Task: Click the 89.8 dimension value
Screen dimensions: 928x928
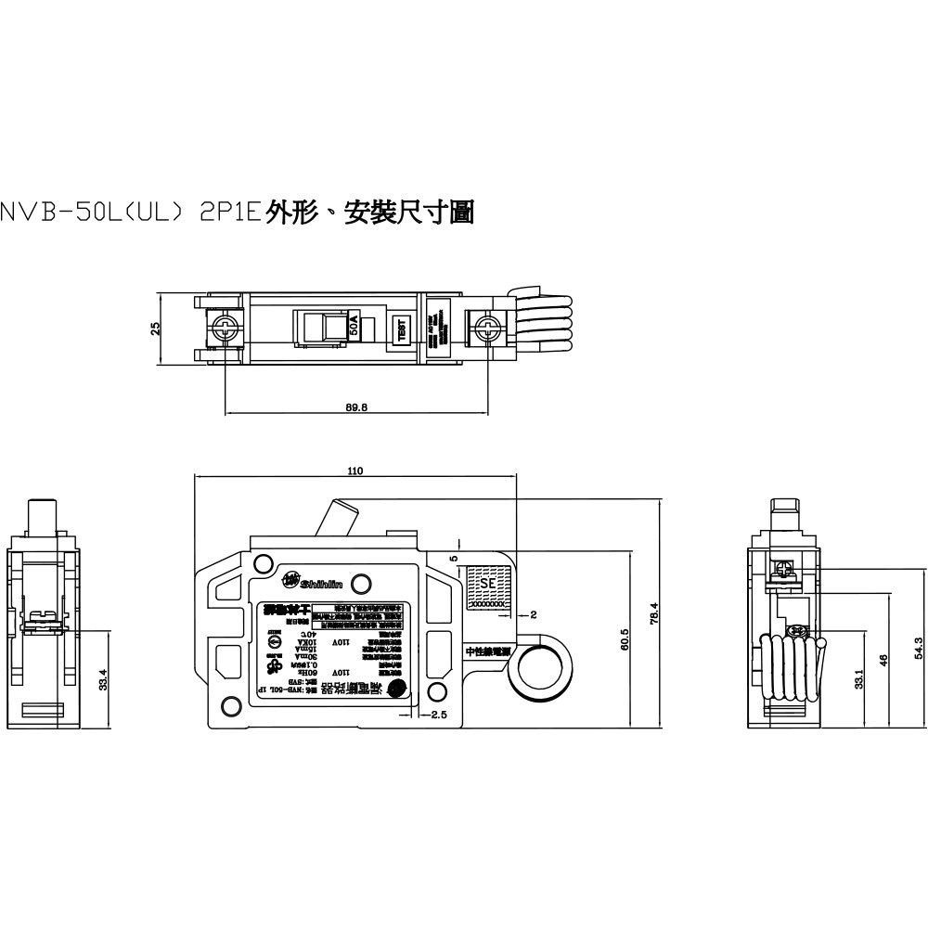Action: (x=355, y=406)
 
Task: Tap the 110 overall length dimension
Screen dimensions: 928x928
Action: (x=354, y=471)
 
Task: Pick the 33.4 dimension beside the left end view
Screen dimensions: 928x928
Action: (x=104, y=679)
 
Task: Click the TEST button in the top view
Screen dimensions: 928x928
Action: (x=402, y=329)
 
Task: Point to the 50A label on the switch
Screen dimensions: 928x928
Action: (x=354, y=327)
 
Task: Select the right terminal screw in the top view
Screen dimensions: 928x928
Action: (x=483, y=328)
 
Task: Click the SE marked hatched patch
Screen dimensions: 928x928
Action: (x=484, y=586)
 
